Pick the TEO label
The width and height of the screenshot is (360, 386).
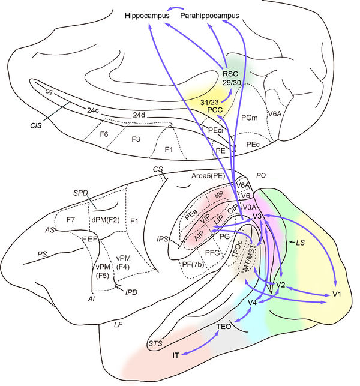(x=224, y=327)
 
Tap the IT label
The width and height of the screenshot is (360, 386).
(x=176, y=355)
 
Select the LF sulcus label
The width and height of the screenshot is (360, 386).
(x=119, y=325)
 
